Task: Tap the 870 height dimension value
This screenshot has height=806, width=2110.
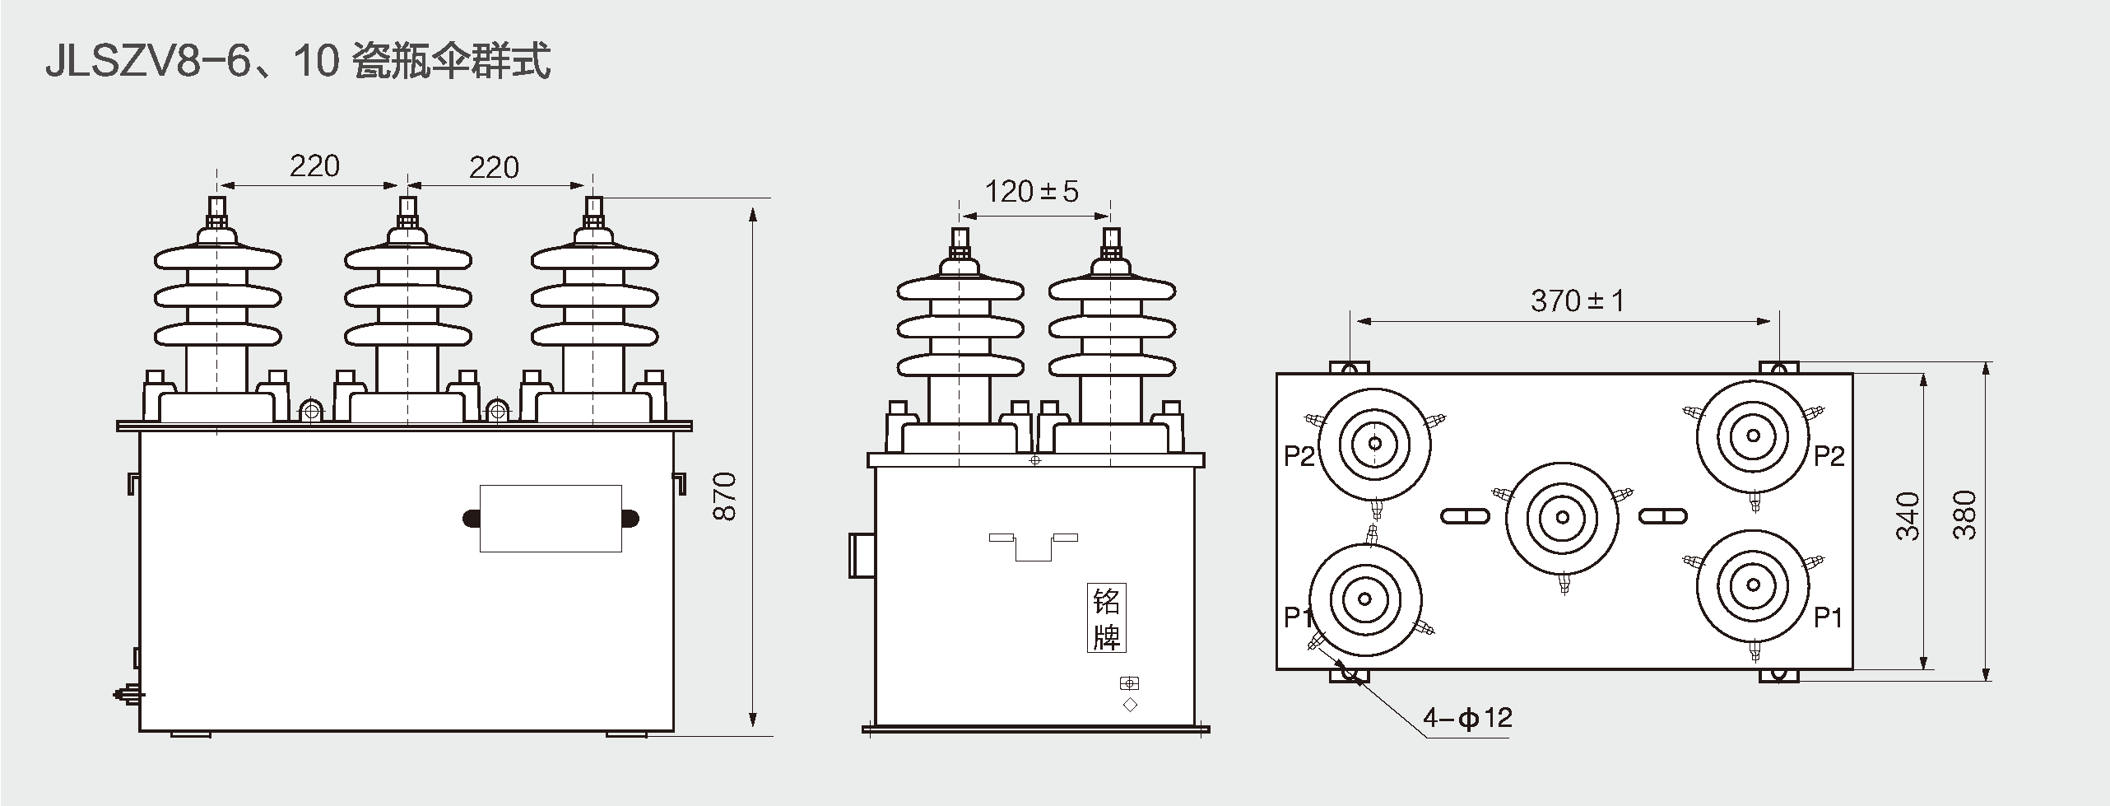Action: pyautogui.click(x=725, y=496)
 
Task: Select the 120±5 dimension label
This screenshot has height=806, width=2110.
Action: pyautogui.click(x=1031, y=192)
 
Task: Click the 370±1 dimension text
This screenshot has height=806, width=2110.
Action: pyautogui.click(x=1578, y=301)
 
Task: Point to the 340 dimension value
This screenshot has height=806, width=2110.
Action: pyautogui.click(x=1908, y=516)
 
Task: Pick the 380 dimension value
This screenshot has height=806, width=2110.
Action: pyautogui.click(x=1965, y=515)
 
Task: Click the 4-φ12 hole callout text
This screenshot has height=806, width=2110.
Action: pyautogui.click(x=1468, y=718)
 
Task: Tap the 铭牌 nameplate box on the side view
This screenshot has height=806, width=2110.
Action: pyautogui.click(x=1106, y=618)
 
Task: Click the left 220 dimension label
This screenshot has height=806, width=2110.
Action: pyautogui.click(x=314, y=166)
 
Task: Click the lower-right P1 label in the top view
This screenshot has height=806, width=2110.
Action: pyautogui.click(x=1829, y=617)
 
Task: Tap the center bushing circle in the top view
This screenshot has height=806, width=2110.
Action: pyautogui.click(x=1561, y=517)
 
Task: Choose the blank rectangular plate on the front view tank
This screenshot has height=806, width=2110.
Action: pyautogui.click(x=551, y=518)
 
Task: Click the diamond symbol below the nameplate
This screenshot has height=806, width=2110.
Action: pyautogui.click(x=1130, y=705)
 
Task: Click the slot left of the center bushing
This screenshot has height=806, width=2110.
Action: pyautogui.click(x=1466, y=516)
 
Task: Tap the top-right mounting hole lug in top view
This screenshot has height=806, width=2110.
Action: pyautogui.click(x=1778, y=367)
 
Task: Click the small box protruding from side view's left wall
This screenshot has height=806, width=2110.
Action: pyautogui.click(x=860, y=556)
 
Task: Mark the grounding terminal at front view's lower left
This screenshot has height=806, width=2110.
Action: pyautogui.click(x=128, y=695)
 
